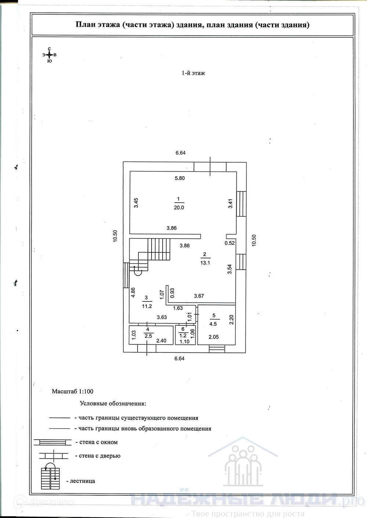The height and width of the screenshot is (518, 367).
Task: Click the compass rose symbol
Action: (49, 55)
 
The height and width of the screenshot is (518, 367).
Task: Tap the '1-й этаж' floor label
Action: (193, 73)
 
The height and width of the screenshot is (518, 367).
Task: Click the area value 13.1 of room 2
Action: (204, 262)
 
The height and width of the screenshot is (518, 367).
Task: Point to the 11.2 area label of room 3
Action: (146, 306)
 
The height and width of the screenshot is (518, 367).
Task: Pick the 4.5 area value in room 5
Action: (213, 324)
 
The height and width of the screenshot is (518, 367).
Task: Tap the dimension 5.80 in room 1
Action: (179, 178)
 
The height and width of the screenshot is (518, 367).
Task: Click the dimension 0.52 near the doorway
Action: (230, 243)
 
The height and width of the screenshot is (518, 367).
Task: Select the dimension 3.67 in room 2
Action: (199, 296)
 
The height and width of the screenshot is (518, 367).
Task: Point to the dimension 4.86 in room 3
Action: (133, 293)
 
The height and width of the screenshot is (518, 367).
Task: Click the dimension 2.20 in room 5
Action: (232, 321)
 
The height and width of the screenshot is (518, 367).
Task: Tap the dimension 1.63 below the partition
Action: (178, 308)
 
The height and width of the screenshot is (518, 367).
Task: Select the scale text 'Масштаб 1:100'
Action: (73, 391)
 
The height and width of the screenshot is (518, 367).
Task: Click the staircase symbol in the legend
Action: (50, 477)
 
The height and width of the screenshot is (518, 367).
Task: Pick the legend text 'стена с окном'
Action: (99, 442)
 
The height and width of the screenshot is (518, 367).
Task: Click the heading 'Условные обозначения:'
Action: (113, 404)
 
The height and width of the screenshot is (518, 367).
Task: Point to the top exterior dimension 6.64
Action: (180, 153)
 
